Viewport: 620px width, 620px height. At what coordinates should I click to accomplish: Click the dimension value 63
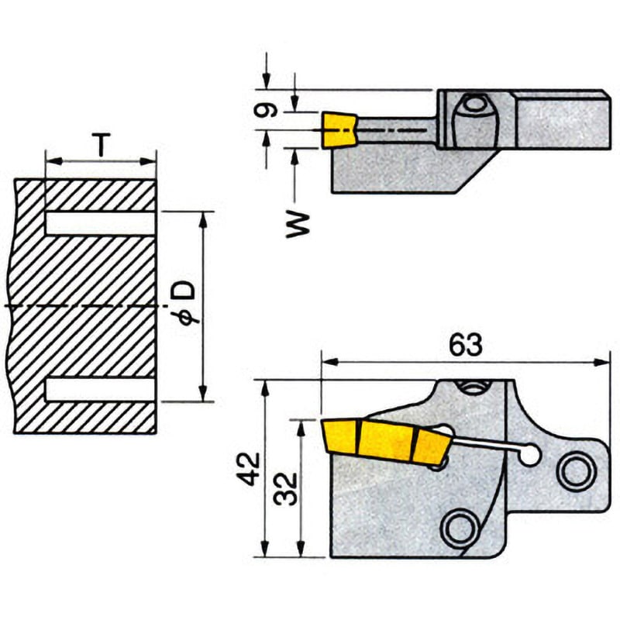pyautogui.click(x=465, y=345)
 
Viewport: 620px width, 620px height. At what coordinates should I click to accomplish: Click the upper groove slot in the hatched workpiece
pyautogui.click(x=101, y=222)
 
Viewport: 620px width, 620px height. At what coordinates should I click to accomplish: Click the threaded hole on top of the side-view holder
pyautogui.click(x=469, y=386)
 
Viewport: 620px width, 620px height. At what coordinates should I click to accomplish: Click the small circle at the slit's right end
pyautogui.click(x=529, y=456)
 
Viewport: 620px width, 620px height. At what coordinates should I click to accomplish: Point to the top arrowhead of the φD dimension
pyautogui.click(x=204, y=217)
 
